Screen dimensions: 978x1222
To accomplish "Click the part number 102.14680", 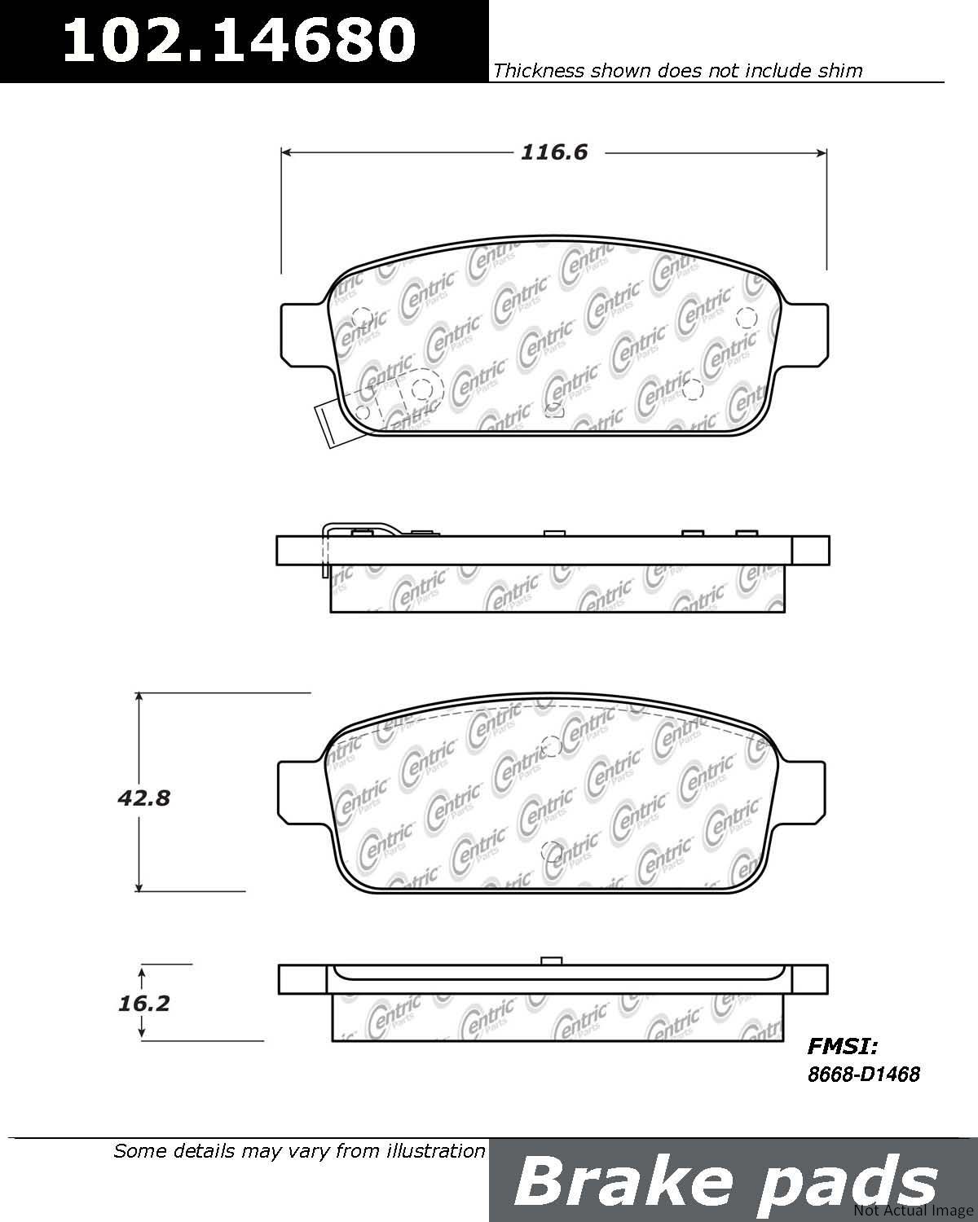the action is [240, 40].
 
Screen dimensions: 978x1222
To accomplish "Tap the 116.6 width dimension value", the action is [554, 153].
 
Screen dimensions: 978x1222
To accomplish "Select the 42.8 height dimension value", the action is [143, 798].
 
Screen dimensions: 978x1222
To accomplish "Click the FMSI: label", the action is [843, 1046].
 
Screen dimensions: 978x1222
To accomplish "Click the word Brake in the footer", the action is [623, 1182].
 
